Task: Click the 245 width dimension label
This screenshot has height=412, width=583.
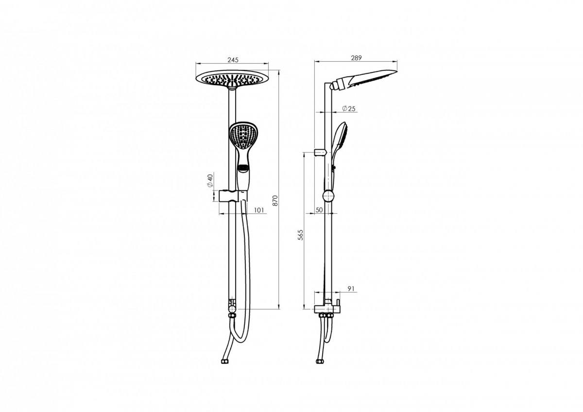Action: tap(233, 60)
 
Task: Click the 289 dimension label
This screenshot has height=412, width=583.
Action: tap(356, 58)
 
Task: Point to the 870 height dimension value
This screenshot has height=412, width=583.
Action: tap(275, 200)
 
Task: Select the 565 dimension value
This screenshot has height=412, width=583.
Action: tap(300, 235)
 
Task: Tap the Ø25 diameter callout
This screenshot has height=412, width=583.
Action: tap(349, 108)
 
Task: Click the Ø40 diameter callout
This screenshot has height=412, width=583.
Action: tap(210, 180)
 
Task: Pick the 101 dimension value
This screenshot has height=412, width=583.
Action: tap(258, 210)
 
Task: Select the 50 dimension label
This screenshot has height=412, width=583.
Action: tap(319, 210)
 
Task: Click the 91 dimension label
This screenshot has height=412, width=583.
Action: tap(351, 289)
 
